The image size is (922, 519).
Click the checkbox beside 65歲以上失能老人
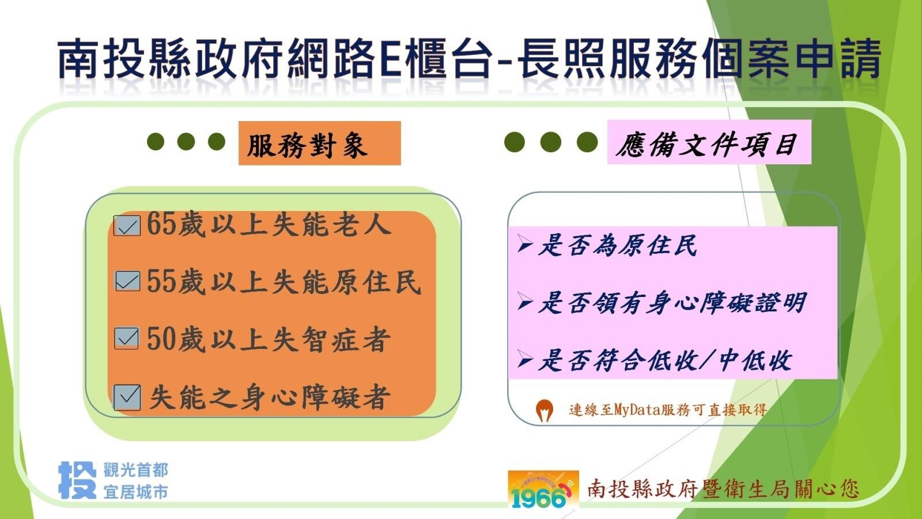[x=127, y=225]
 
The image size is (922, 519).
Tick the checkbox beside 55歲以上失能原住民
[x=127, y=281]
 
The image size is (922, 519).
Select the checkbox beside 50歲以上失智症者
[x=126, y=338]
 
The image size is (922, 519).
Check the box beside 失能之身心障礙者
[x=127, y=397]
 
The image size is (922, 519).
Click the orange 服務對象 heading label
[x=320, y=144]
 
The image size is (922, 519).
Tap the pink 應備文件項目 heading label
[x=709, y=142]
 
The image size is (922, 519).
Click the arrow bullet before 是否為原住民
[x=526, y=244]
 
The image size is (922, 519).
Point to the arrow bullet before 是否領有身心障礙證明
[x=526, y=302]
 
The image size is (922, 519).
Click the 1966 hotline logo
[x=543, y=491]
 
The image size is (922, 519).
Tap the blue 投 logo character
[x=78, y=480]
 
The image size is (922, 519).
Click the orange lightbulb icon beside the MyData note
[x=544, y=411]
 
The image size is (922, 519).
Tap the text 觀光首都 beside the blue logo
[x=136, y=470]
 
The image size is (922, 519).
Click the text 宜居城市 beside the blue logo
[x=136, y=492]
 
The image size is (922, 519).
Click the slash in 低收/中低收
[x=708, y=360]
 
